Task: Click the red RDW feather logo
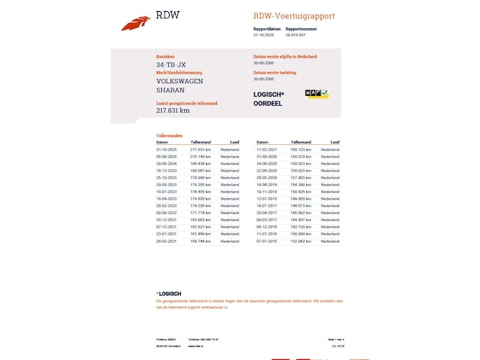(x=135, y=24)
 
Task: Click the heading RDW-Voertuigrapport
(x=294, y=15)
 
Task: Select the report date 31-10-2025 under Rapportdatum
(x=263, y=34)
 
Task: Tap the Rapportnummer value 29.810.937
(x=295, y=34)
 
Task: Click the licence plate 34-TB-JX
(x=171, y=65)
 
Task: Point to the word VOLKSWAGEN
(x=179, y=81)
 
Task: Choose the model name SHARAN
(x=170, y=90)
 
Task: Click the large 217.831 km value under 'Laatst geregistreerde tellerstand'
(x=172, y=111)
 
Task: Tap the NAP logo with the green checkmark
(x=317, y=94)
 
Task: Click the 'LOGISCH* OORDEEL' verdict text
(x=268, y=99)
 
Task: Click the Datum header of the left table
(x=162, y=142)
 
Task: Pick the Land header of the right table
(x=335, y=142)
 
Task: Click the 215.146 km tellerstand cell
(x=200, y=157)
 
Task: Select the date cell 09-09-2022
(x=166, y=213)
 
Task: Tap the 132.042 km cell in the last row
(x=301, y=241)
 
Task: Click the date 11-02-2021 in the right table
(x=267, y=150)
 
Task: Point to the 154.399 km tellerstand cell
(x=301, y=185)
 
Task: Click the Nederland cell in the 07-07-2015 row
(x=330, y=241)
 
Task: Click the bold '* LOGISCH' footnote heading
(x=169, y=293)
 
